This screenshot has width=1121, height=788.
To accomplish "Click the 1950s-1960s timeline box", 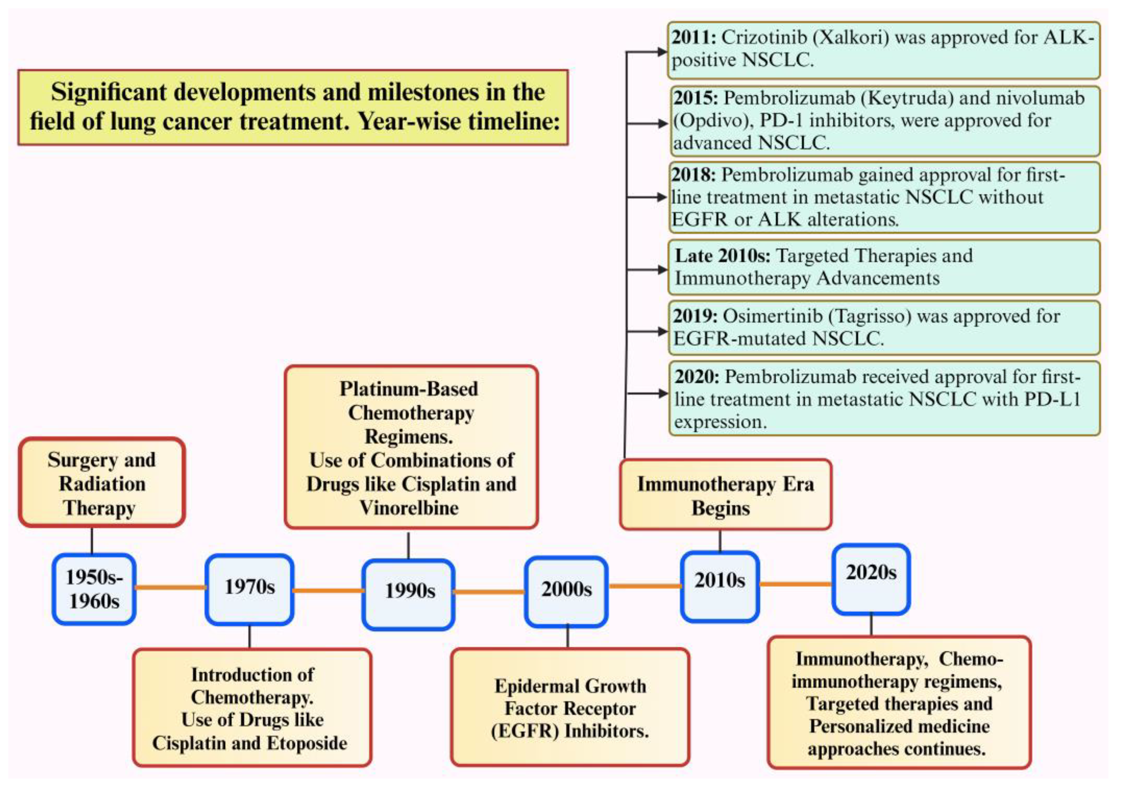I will click(94, 589).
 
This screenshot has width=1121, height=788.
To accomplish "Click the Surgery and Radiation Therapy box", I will click(101, 483).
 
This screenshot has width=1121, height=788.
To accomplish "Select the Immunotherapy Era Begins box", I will click(725, 495).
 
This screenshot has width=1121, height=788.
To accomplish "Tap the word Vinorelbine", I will click(409, 508).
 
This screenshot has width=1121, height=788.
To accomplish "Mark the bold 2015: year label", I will click(696, 98).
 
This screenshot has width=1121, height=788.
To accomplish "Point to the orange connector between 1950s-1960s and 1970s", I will click(171, 587).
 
